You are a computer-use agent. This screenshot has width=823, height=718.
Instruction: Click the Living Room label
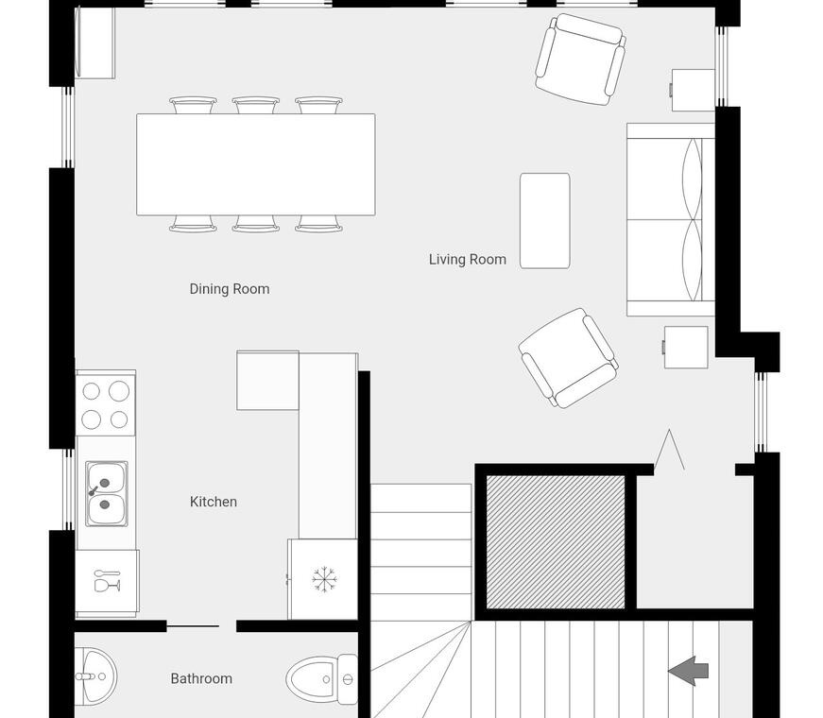(x=467, y=259)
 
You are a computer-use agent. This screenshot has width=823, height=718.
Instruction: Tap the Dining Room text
(x=230, y=289)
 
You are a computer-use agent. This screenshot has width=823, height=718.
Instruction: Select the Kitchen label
(x=214, y=502)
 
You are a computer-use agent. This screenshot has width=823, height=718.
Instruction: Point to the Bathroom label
(x=201, y=678)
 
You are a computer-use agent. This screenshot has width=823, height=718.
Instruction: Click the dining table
(x=256, y=164)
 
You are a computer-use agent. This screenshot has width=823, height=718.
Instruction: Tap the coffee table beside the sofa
(x=545, y=221)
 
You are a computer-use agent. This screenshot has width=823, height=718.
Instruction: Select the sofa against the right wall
(x=671, y=219)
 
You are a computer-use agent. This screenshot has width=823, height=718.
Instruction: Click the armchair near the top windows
(x=580, y=60)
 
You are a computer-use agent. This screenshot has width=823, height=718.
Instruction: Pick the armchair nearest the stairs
(x=568, y=358)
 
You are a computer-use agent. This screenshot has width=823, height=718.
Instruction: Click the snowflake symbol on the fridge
(x=324, y=580)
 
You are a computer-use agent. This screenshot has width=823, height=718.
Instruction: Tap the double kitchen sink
(x=107, y=493)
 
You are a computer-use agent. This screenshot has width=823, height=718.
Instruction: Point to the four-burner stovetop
(x=106, y=404)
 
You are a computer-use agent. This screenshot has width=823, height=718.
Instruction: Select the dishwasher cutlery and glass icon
(x=107, y=580)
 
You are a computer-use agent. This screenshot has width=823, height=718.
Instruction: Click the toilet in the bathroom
(x=322, y=679)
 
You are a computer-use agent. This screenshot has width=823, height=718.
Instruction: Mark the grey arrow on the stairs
(x=688, y=671)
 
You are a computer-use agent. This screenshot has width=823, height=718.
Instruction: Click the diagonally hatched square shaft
(x=556, y=542)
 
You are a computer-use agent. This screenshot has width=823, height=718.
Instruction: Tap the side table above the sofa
(x=693, y=91)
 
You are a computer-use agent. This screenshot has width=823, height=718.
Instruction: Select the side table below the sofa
(x=685, y=347)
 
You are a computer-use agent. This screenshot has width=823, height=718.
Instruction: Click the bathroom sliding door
(x=193, y=626)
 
